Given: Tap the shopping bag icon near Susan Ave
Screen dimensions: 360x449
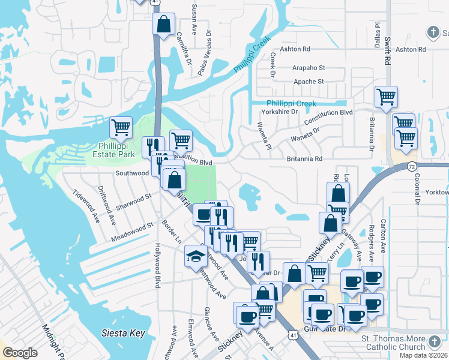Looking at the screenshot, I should [163, 25].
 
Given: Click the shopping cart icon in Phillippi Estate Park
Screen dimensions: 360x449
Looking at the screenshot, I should [121, 127].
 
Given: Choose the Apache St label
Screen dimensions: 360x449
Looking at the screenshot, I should [309, 82].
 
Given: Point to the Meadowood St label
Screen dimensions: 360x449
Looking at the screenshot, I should [132, 233].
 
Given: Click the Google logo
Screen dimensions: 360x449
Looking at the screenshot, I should [20, 353].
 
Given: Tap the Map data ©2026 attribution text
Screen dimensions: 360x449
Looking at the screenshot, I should [423, 355].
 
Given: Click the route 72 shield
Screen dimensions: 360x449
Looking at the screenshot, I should [411, 165].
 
